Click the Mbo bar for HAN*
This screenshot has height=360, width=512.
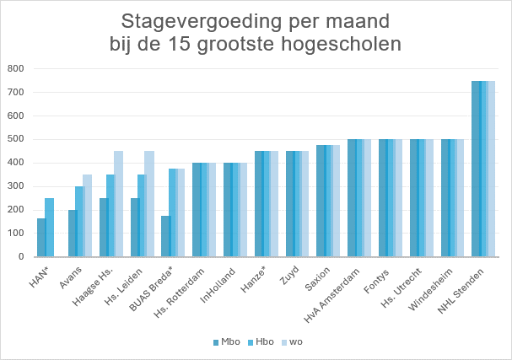pyautogui.click(x=41, y=238)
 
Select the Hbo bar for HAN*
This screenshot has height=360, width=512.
pyautogui.click(x=49, y=228)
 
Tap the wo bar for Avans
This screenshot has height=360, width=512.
pyautogui.click(x=88, y=216)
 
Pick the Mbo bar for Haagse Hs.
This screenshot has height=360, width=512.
pyautogui.click(x=104, y=228)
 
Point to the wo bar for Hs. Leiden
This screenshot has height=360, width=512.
pyautogui.click(x=150, y=204)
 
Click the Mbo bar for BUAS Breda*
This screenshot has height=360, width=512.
pyautogui.click(x=165, y=236)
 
